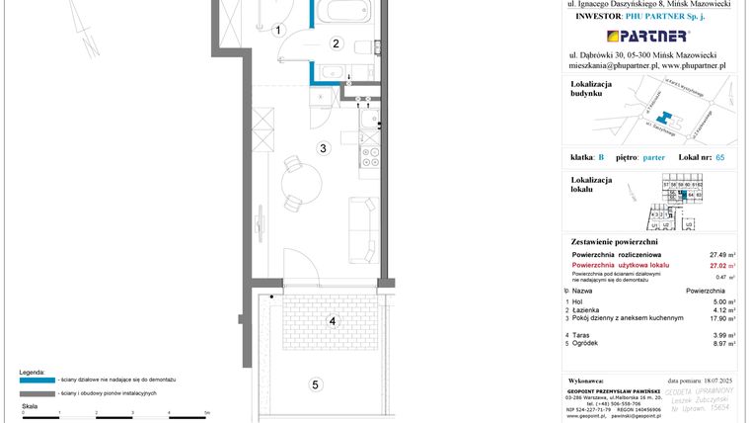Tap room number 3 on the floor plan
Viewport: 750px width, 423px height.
tap(323, 149)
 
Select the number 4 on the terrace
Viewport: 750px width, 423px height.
tap(333, 321)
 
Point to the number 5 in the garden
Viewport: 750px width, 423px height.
tap(315, 384)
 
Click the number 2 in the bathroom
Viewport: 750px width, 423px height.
tap(336, 43)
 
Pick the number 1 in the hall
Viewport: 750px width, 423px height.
tap(279, 32)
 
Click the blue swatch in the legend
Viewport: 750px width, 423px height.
tap(36, 380)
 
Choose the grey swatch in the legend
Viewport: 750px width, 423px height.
tap(36, 393)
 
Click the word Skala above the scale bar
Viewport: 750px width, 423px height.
tap(30, 406)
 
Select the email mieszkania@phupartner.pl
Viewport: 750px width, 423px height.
tap(614, 65)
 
